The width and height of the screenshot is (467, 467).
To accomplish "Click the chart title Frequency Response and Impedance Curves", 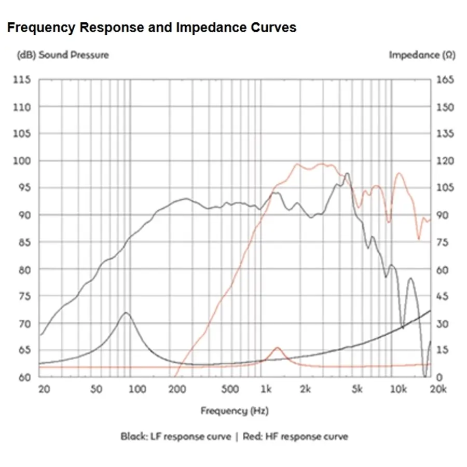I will (x=152, y=28).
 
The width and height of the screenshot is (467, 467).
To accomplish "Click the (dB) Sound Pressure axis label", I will (x=63, y=55).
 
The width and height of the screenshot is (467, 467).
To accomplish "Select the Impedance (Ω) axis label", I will (x=422, y=55).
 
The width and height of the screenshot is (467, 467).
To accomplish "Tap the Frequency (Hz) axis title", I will (x=235, y=411).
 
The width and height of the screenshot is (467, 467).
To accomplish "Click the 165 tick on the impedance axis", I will (x=445, y=80).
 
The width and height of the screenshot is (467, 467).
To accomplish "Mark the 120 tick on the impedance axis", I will (x=445, y=161).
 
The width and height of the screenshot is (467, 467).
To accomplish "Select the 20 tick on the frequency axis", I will (x=44, y=390).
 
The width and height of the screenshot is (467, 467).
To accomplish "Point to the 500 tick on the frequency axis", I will (x=229, y=390).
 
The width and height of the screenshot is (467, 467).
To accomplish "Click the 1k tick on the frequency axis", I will (x=266, y=390).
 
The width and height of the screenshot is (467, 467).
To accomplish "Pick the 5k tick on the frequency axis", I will (x=356, y=390).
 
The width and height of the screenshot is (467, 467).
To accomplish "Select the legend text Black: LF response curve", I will (x=176, y=436).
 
